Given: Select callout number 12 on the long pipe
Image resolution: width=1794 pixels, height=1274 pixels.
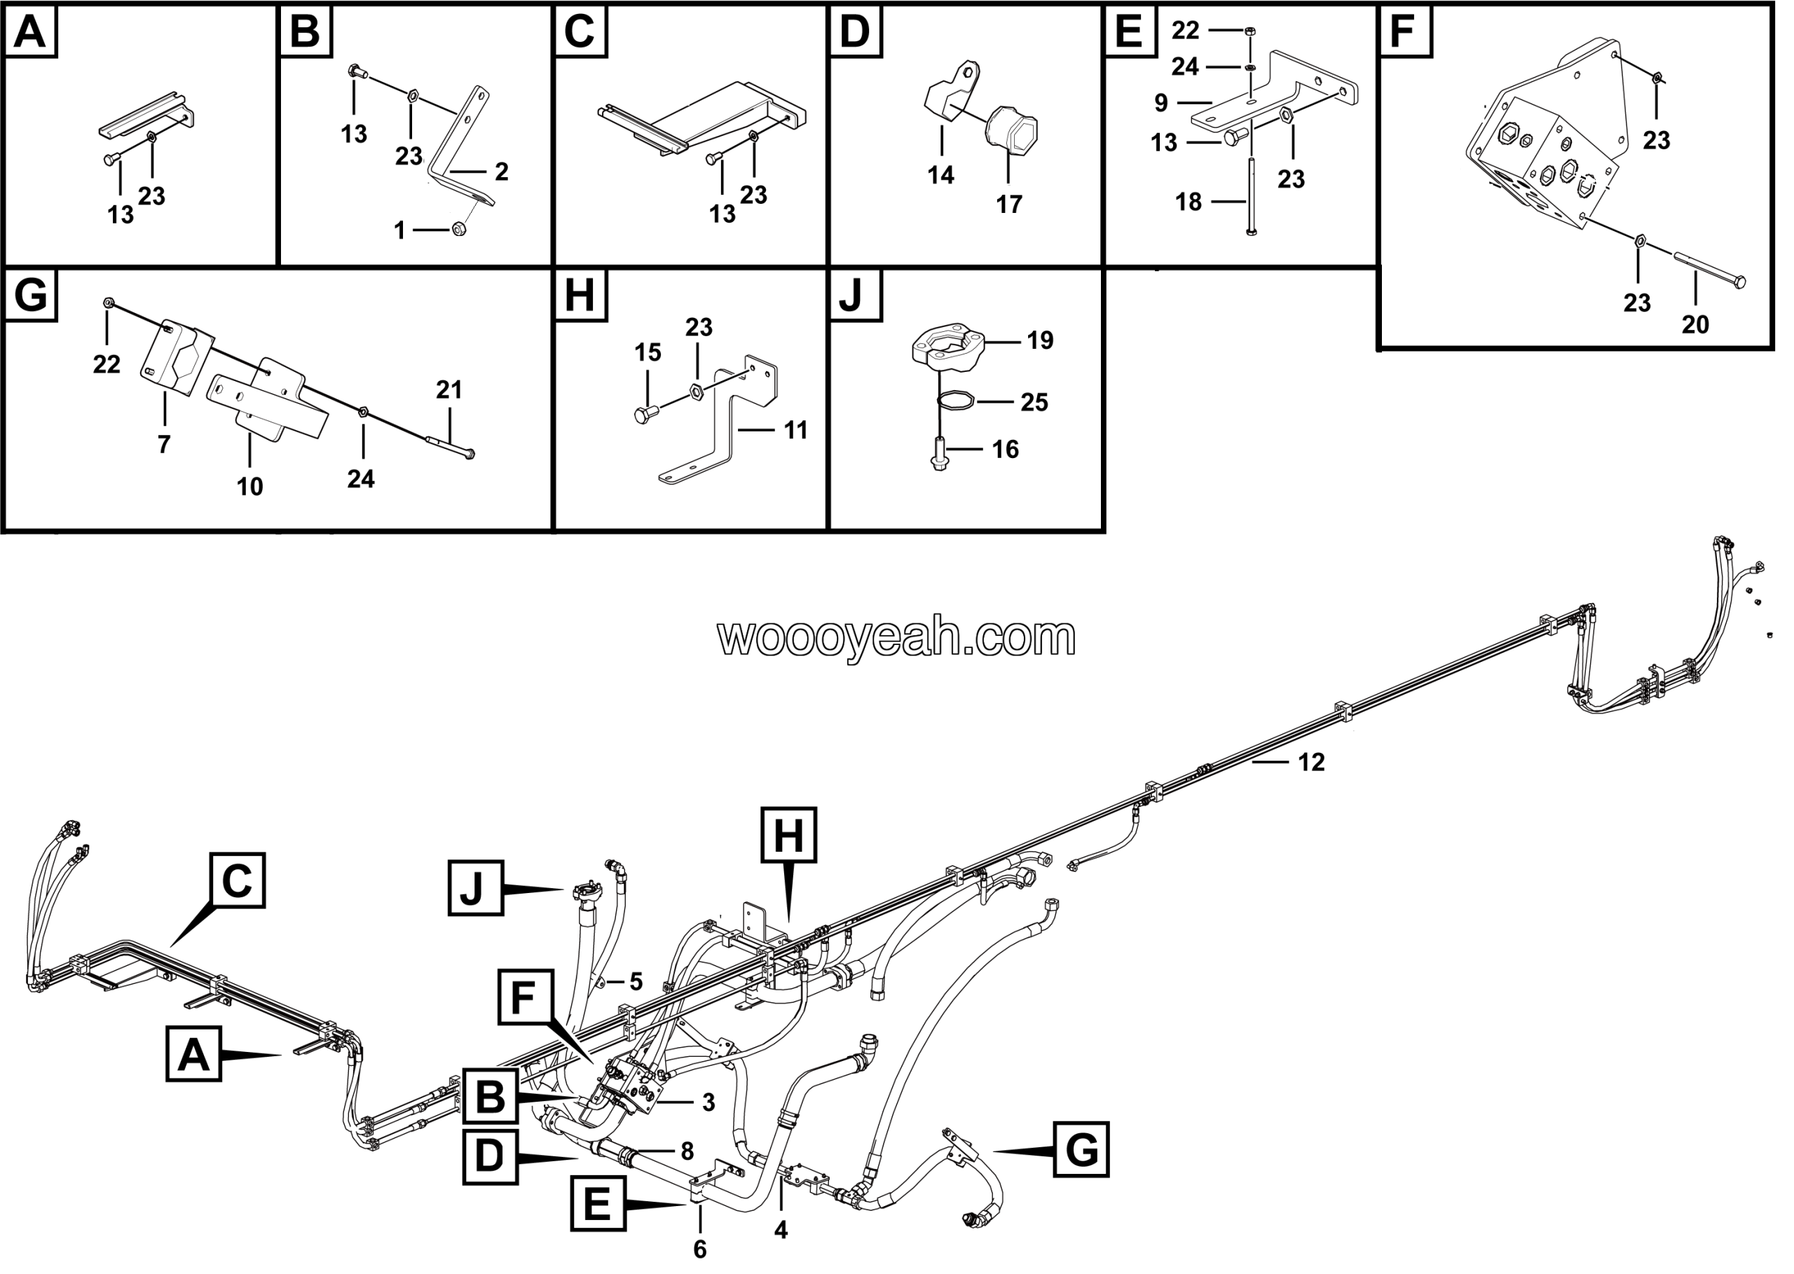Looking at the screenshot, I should pos(1311,762).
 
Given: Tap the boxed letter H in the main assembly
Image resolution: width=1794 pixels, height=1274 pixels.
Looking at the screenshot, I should pos(788,835).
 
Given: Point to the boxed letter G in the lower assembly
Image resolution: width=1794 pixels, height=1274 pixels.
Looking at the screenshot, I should pos(1081,1149).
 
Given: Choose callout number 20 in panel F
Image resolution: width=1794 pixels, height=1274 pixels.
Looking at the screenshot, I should pos(1695,324).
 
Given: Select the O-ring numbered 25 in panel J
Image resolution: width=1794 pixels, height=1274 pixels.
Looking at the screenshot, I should pos(956,400).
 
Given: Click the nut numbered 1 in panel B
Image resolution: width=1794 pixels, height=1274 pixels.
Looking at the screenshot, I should pos(460,229).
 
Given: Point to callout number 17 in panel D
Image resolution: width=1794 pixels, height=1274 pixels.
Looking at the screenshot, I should pos(1009,204).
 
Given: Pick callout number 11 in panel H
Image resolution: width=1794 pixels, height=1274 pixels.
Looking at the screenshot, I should pos(796,430).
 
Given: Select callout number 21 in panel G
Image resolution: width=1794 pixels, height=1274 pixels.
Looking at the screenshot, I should pos(449,389).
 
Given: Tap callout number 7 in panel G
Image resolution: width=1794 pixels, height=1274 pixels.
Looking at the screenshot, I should pos(163,444).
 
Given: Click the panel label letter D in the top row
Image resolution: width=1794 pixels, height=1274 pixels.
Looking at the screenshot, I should pos(855,32).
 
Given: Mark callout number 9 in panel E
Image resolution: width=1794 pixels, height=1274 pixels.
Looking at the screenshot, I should pos(1161,103).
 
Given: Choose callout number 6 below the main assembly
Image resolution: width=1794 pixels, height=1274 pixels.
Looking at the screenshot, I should pos(700,1249).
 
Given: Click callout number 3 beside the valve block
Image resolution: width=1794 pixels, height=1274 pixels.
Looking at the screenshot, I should pos(708,1102).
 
